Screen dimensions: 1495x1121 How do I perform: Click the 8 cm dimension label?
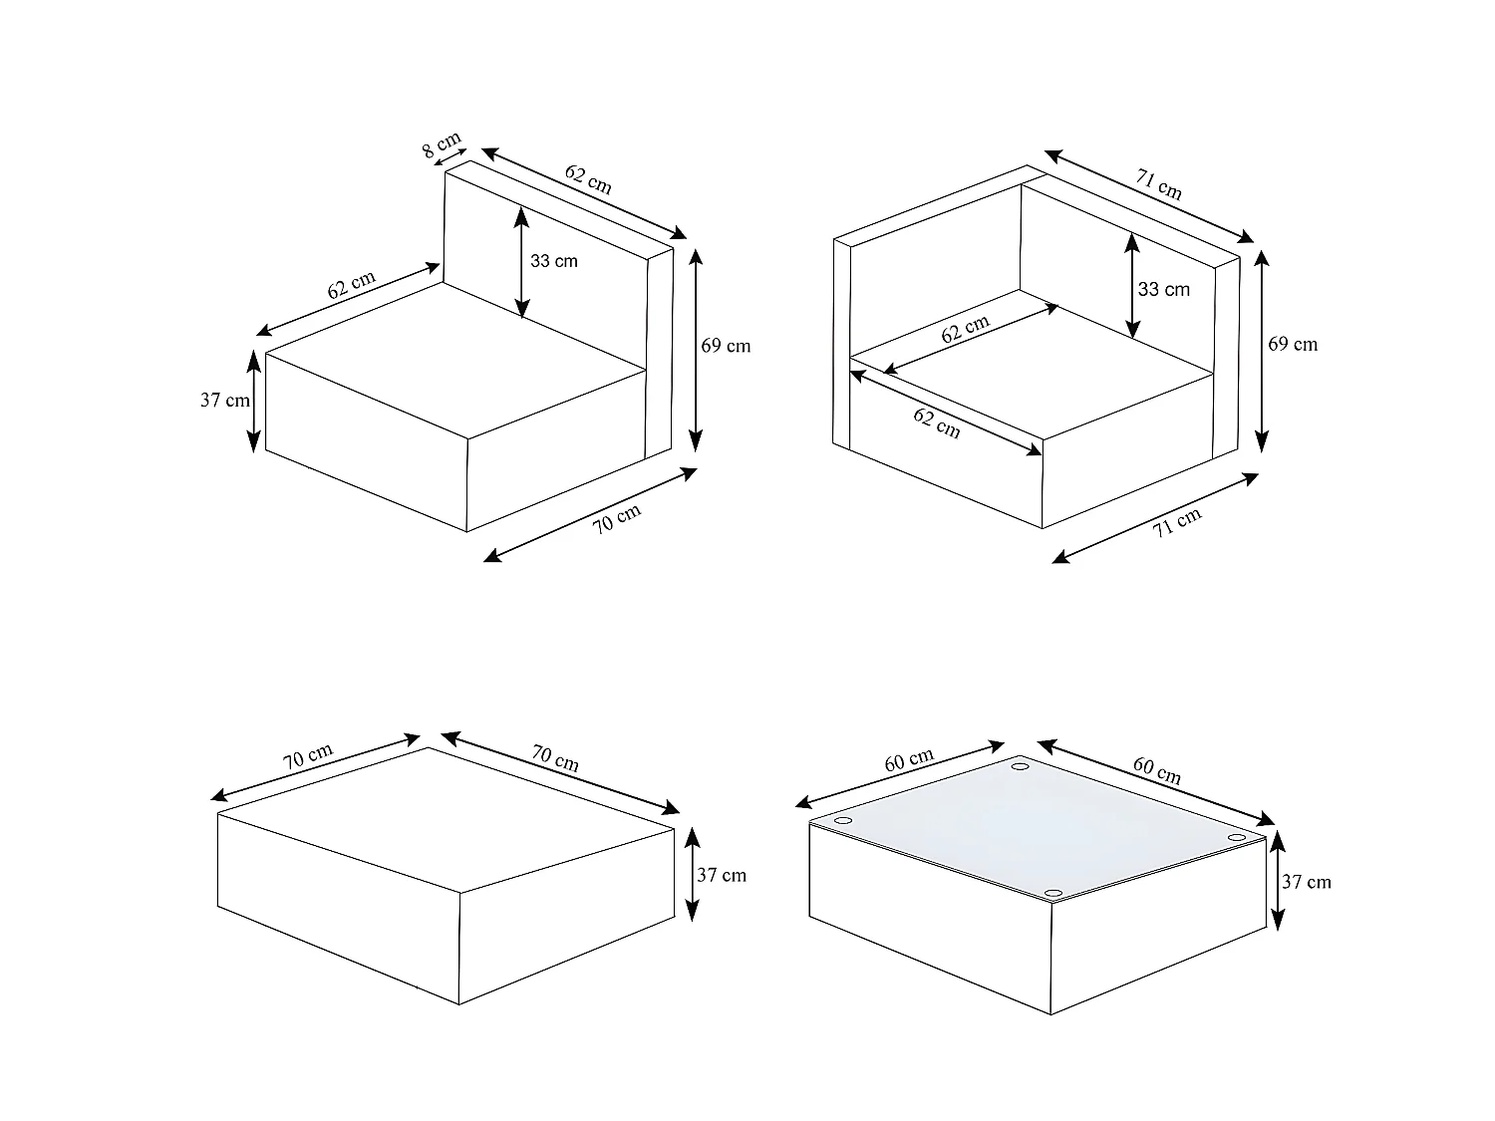441,144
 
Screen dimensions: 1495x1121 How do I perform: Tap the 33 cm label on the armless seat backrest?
554,261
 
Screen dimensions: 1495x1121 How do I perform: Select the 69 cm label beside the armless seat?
726,346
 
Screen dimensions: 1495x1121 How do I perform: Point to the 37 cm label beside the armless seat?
225,401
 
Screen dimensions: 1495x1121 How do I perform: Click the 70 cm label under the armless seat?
616,518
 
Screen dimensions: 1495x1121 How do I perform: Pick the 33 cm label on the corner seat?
1164,289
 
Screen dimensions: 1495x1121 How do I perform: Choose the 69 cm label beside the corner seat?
1293,345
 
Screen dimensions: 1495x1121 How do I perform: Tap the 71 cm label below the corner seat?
1176,522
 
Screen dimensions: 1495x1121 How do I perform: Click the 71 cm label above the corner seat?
1158,184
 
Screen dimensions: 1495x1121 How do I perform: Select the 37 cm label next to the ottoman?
722,875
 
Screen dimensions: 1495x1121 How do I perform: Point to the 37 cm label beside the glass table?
1307,882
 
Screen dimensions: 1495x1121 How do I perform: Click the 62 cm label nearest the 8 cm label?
588,179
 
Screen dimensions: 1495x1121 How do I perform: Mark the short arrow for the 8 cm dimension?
450,157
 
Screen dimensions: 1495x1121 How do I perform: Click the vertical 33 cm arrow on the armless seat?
521,262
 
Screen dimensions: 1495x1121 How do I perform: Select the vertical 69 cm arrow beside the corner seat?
1262,351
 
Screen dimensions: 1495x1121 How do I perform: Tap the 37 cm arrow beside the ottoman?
692,875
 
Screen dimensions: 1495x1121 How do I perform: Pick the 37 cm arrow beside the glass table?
1278,881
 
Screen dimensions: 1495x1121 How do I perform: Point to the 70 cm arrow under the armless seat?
590,515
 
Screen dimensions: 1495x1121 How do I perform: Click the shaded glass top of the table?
1038,829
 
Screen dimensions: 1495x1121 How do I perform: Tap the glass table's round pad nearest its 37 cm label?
1237,837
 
